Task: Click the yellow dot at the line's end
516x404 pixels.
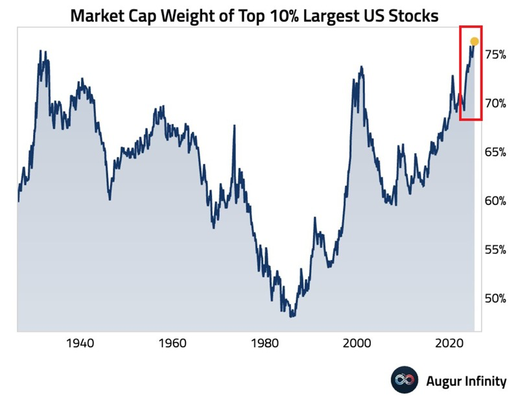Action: [474, 42]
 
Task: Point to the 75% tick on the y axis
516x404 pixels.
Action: [496, 54]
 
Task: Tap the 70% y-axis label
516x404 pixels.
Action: [496, 103]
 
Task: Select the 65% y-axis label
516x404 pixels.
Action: [496, 152]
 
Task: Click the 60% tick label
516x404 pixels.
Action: [496, 200]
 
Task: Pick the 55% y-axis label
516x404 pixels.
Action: [496, 250]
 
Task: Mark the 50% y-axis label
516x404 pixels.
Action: [496, 298]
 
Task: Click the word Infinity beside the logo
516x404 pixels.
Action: [484, 381]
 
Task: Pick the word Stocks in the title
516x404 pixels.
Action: [418, 15]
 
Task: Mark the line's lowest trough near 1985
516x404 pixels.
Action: [292, 316]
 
